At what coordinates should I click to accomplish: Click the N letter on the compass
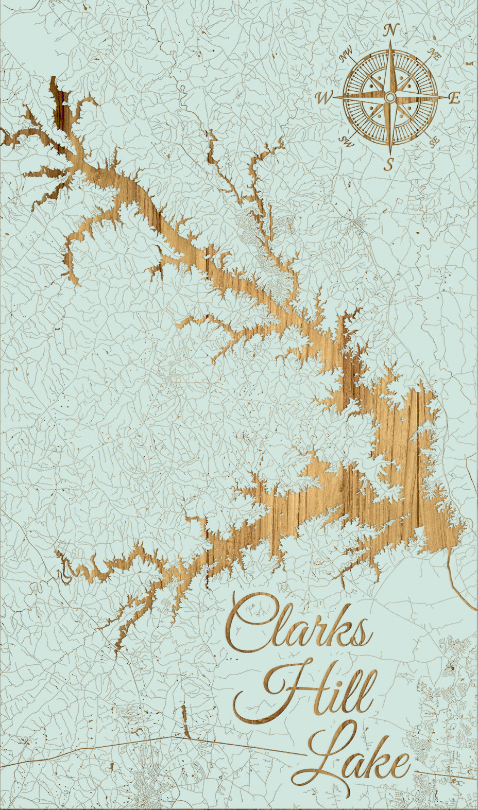tap(391, 31)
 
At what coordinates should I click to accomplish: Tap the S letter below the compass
tap(390, 164)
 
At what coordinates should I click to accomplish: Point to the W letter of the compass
tap(324, 98)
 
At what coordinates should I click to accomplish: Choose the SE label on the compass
tap(434, 140)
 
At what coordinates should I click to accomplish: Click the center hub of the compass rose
tap(390, 97)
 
